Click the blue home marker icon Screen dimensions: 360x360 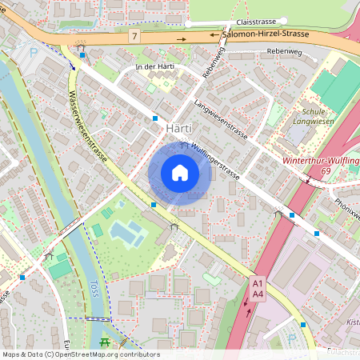180,172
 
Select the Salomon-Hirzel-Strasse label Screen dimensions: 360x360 267,36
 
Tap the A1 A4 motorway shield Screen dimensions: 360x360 258,289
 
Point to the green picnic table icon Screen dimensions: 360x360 103,342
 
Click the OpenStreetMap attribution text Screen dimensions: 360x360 80,354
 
